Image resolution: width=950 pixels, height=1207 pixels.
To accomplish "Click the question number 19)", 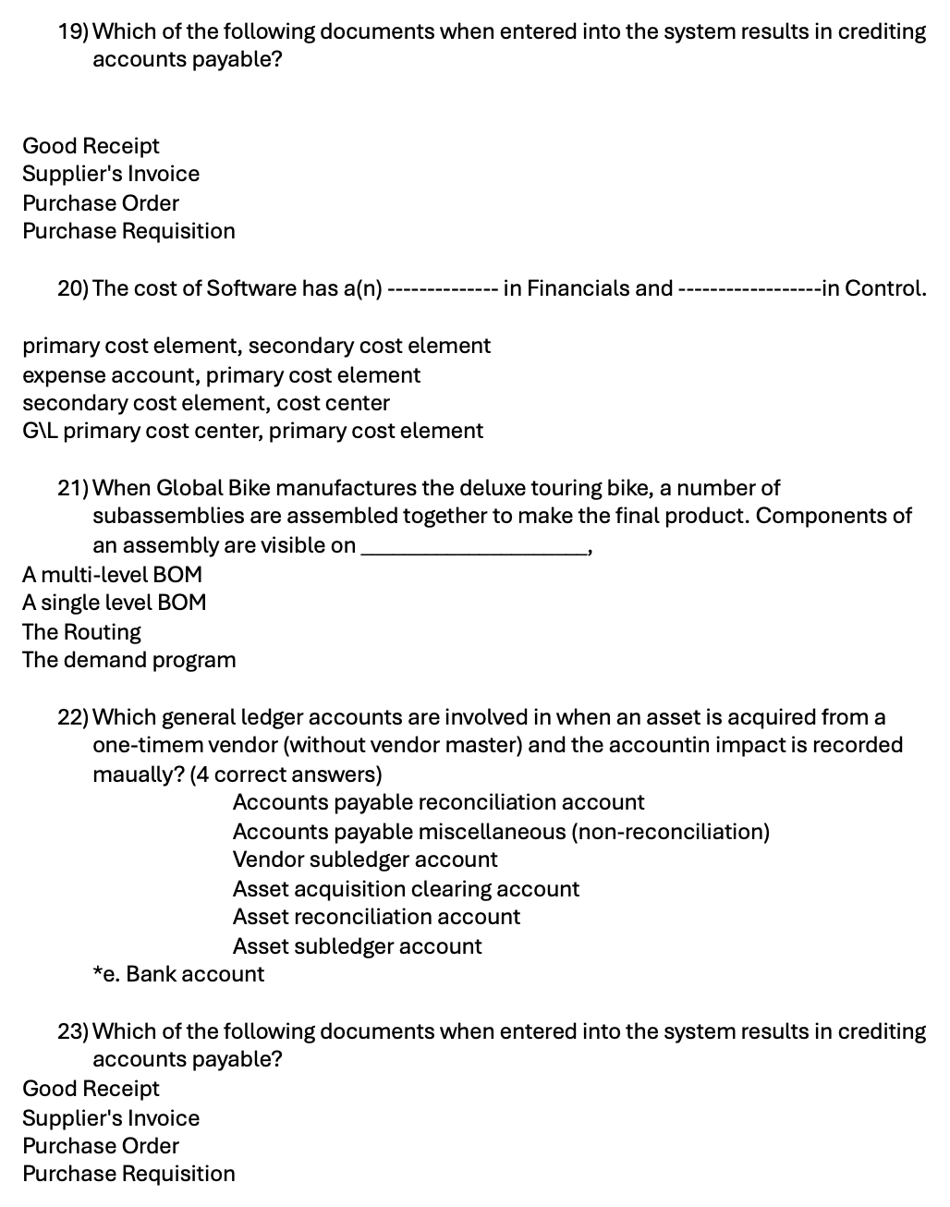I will point(73,31).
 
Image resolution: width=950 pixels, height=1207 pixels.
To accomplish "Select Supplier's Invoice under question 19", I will point(111,174).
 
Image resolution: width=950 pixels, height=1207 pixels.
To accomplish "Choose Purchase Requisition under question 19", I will point(128,231).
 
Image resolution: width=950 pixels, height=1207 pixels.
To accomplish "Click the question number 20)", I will point(73,288).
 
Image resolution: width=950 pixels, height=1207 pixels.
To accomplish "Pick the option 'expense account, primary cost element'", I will point(221,375).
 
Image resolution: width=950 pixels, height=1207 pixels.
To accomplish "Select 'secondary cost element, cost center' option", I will point(206,403).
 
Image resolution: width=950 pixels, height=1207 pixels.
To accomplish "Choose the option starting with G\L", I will point(252,431).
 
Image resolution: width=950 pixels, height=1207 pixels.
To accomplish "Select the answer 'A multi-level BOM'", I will point(112,574).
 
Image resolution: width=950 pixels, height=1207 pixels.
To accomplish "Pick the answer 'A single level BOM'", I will point(115,603).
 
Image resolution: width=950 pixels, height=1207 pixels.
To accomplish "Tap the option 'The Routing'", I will point(81,632).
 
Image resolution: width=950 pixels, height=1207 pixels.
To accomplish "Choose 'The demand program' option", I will point(128,660).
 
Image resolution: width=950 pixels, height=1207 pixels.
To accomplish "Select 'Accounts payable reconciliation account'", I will point(438,802).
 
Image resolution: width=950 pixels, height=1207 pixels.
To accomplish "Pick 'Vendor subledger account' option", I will point(365,860).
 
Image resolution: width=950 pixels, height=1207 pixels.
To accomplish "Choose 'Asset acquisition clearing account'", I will point(406,889).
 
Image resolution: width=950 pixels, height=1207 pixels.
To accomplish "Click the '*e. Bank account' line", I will point(178,974).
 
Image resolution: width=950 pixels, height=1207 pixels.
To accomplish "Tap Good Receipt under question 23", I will point(91,1089).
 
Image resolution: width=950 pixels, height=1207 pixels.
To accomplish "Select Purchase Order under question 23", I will point(101,1146).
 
